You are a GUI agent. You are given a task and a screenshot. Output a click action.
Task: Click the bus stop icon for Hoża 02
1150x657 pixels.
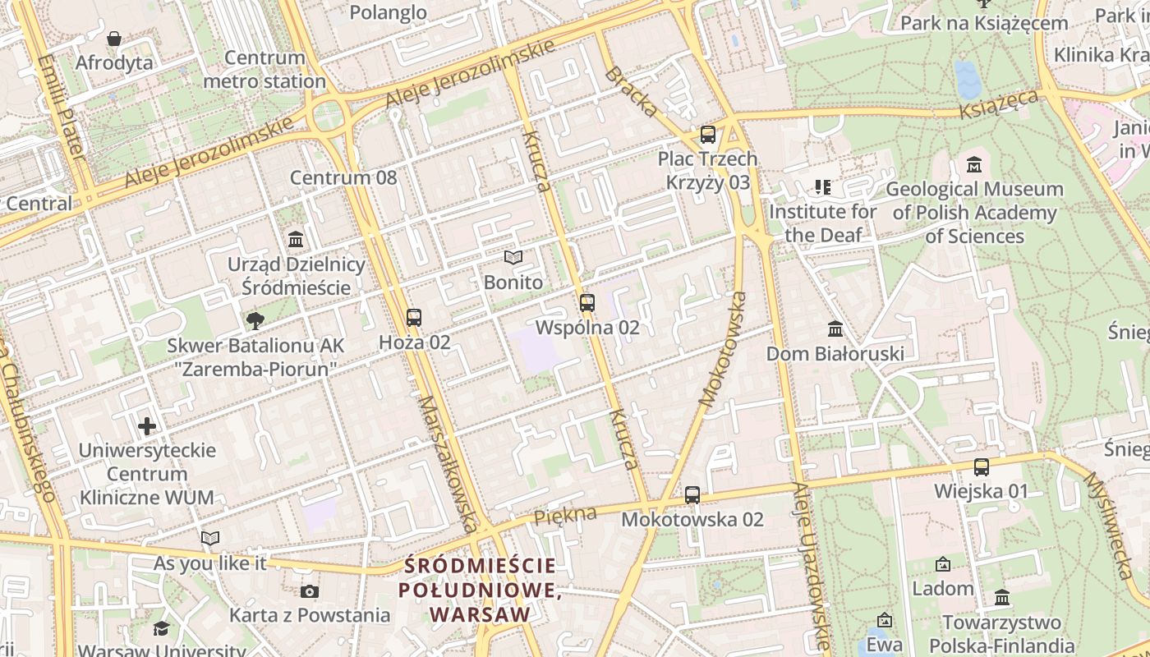[x=414, y=318]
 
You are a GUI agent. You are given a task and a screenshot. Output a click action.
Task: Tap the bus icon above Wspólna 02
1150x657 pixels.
[x=586, y=303]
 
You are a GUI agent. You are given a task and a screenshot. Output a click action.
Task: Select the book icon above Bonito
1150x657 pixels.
[x=513, y=258]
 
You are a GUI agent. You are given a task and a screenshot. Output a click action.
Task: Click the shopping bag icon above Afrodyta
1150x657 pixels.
[x=114, y=39]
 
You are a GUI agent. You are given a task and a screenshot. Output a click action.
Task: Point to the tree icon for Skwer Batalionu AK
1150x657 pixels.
[x=255, y=321]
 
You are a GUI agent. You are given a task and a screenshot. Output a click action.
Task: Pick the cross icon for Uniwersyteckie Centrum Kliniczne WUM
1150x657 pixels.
[x=147, y=426]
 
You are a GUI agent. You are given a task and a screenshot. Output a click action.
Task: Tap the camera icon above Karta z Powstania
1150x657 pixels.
[x=310, y=591]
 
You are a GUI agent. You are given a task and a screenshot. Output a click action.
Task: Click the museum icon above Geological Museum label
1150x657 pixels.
[x=974, y=164]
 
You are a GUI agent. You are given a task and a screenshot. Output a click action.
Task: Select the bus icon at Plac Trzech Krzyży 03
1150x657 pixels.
[x=707, y=135]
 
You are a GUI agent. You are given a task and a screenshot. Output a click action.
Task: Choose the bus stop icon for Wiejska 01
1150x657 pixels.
[x=982, y=467]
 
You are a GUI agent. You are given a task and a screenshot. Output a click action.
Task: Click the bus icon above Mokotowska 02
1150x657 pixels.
[x=692, y=495]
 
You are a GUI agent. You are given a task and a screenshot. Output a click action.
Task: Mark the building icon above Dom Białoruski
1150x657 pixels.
[x=835, y=329]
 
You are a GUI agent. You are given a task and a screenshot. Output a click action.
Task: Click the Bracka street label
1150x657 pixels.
[x=631, y=92]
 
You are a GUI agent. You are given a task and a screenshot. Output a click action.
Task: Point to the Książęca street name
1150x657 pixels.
[x=1000, y=105]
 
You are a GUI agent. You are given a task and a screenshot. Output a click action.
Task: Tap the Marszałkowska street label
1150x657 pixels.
[x=448, y=465]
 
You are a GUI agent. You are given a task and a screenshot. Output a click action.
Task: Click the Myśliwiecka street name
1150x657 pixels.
[x=1109, y=526]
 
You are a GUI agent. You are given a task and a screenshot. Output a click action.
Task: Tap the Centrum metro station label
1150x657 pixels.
[x=264, y=70]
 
